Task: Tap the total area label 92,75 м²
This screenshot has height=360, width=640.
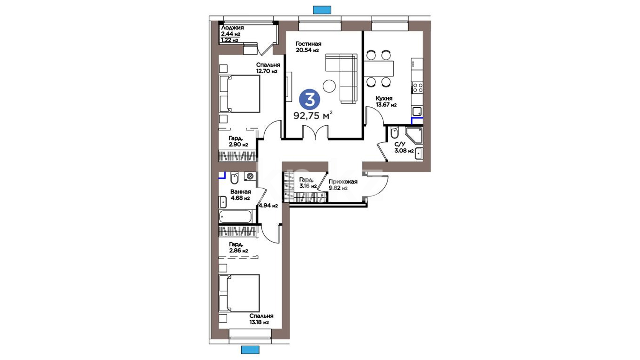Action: [313, 115]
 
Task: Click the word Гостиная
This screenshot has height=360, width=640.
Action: [308, 44]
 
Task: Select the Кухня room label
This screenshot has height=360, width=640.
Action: [384, 98]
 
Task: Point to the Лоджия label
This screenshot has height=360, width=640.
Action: [232, 28]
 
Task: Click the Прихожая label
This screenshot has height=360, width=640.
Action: [343, 182]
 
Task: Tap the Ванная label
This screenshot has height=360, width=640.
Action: [241, 192]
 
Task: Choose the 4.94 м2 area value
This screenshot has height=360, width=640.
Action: [268, 206]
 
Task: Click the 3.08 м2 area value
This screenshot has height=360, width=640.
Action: [404, 151]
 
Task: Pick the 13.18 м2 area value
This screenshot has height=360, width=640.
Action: [259, 322]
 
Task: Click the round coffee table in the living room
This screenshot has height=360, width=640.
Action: [329, 86]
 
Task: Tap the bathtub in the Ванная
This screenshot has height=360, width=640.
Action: [235, 216]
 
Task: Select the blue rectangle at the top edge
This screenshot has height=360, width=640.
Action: [322, 10]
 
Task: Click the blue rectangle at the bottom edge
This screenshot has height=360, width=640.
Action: [250, 350]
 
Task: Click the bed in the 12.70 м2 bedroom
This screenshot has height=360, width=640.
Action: [239, 94]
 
